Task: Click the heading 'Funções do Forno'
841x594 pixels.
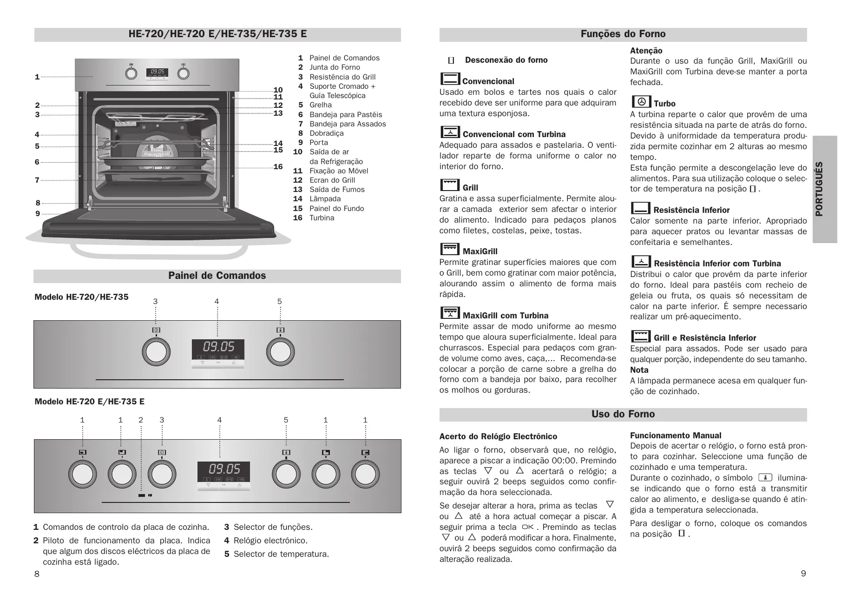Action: pyautogui.click(x=623, y=34)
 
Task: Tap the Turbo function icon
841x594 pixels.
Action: pyautogui.click(x=641, y=102)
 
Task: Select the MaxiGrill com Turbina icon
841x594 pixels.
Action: pyautogui.click(x=450, y=313)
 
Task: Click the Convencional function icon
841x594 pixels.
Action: pyautogui.click(x=450, y=79)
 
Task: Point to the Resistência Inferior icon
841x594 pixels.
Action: pyautogui.click(x=641, y=208)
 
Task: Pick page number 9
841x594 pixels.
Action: pyautogui.click(x=803, y=574)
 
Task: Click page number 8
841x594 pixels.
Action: pyautogui.click(x=37, y=574)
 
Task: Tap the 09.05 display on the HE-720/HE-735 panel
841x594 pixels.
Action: pyautogui.click(x=218, y=347)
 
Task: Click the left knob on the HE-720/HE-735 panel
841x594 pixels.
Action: pyautogui.click(x=156, y=352)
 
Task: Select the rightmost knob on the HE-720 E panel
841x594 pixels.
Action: pyautogui.click(x=365, y=474)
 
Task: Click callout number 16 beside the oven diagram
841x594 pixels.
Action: pyautogui.click(x=278, y=167)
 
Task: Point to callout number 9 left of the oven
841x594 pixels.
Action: pyautogui.click(x=38, y=214)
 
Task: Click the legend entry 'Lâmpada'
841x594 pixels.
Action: pyautogui.click(x=325, y=199)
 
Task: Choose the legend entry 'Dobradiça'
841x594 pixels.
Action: pyautogui.click(x=327, y=133)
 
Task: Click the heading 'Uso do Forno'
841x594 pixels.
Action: pyautogui.click(x=623, y=414)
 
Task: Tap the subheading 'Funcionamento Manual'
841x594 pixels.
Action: pyautogui.click(x=675, y=436)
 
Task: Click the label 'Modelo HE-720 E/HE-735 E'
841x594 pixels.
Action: pyautogui.click(x=89, y=402)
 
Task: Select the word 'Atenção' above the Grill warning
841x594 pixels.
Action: pyautogui.click(x=646, y=51)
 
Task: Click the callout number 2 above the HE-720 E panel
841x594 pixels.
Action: pyautogui.click(x=141, y=420)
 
